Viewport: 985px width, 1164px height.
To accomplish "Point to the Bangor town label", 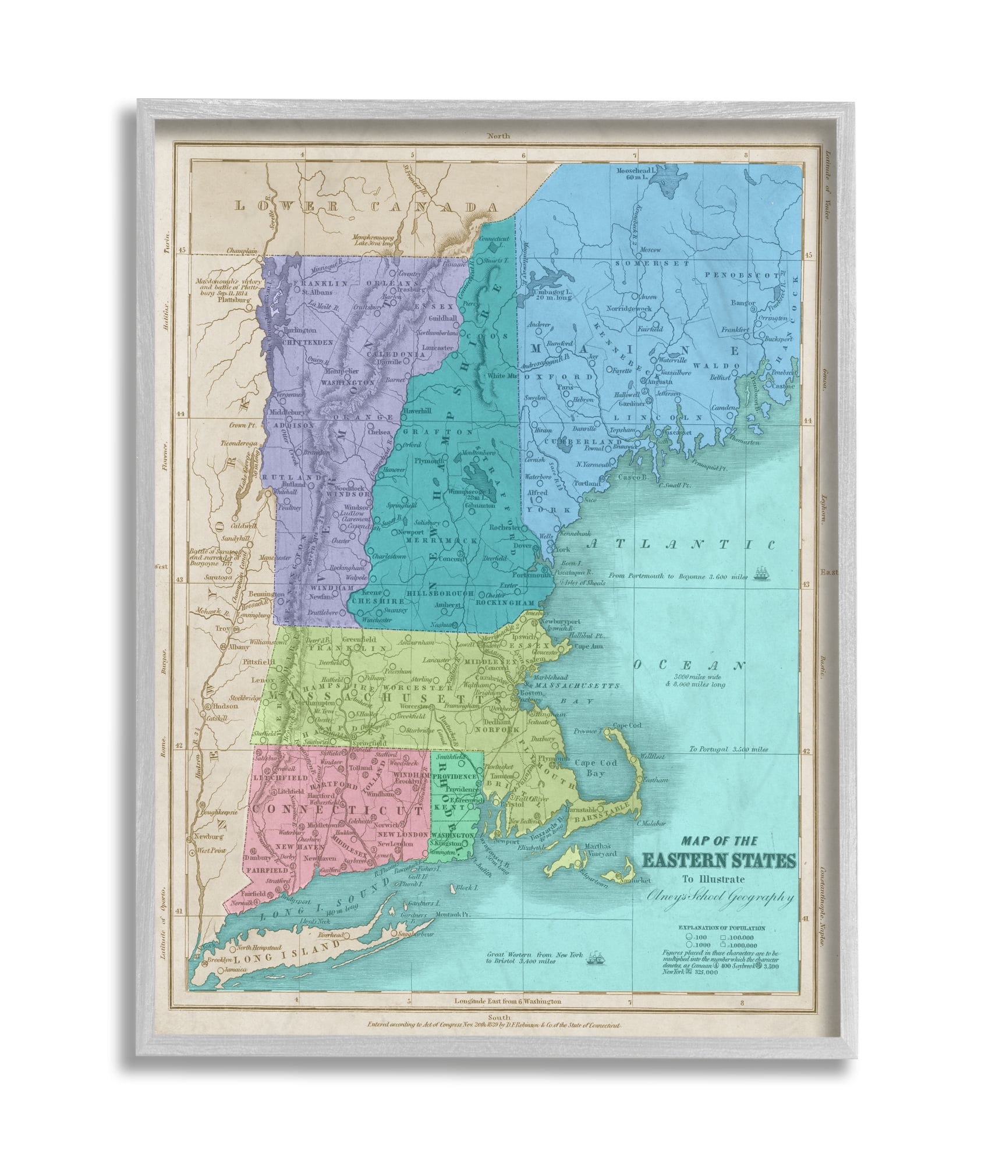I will (744, 303).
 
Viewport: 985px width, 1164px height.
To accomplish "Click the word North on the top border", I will (499, 136).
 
